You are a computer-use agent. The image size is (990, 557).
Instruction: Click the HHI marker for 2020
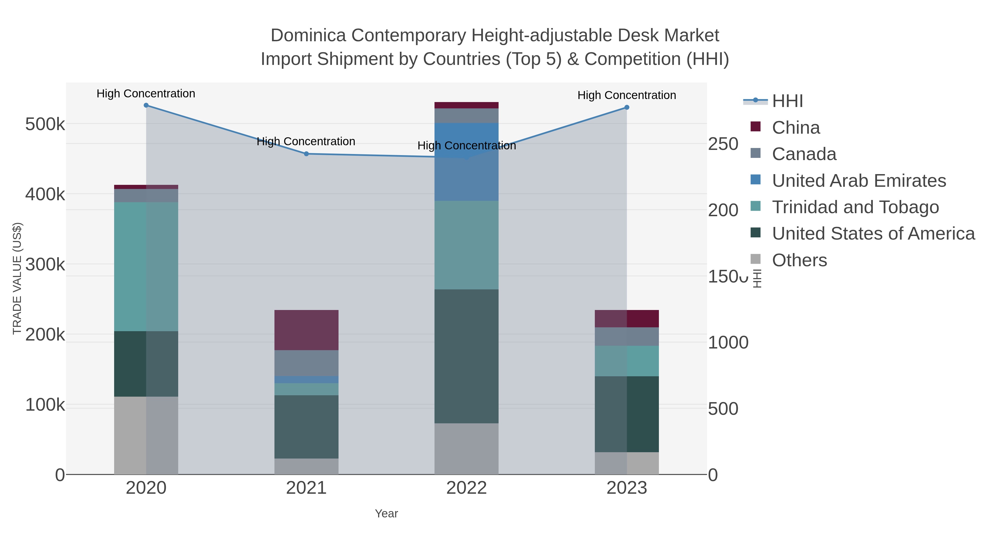pos(146,105)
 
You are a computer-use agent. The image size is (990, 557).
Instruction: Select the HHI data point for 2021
pos(306,154)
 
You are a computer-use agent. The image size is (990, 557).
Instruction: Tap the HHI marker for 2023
pos(627,108)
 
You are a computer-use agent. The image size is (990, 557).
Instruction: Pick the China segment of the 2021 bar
pos(306,330)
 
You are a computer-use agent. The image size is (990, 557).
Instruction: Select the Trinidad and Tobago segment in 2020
pos(146,266)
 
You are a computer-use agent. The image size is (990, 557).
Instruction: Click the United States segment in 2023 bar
pos(627,414)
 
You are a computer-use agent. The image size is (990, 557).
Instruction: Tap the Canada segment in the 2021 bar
pos(306,363)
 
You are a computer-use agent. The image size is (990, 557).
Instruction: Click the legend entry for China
pos(796,128)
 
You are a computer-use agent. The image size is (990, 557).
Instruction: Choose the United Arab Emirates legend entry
pos(859,181)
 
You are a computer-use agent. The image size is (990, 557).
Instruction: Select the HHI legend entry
pos(787,101)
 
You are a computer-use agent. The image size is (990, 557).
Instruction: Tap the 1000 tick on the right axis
pos(728,342)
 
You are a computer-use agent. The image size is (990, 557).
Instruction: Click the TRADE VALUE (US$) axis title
pos(17,278)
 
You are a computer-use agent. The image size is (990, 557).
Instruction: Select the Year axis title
pos(386,514)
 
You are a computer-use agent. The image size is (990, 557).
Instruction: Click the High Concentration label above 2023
pos(626,95)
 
